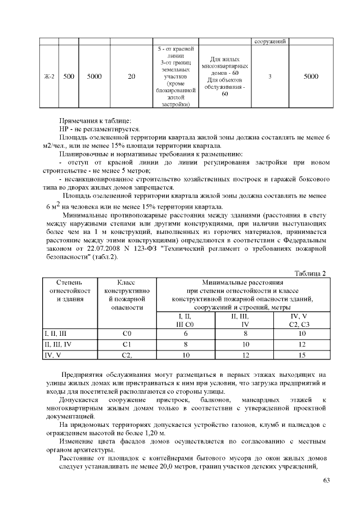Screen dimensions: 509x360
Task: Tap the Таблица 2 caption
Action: (x=310, y=273)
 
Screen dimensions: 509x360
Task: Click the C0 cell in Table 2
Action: (x=127, y=334)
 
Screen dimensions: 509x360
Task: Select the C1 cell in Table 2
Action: (x=127, y=344)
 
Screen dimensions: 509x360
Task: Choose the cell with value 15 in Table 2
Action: (x=303, y=355)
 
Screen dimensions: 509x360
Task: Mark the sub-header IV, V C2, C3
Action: (x=303, y=321)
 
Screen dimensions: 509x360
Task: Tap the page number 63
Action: (x=327, y=480)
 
